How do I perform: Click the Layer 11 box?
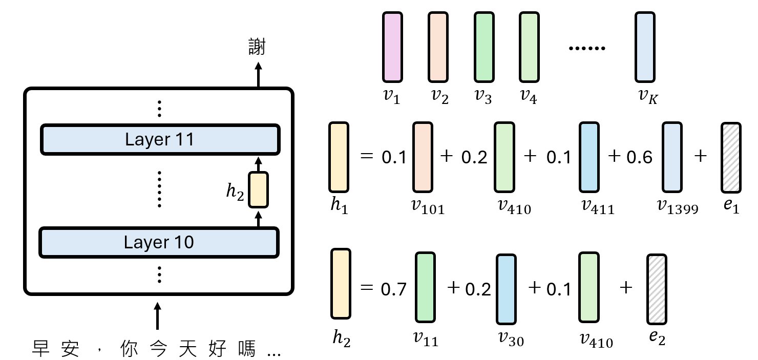coord(160,139)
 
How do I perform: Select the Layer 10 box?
coord(159,242)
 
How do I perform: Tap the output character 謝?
coord(257,47)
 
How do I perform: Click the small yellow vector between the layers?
coord(258,190)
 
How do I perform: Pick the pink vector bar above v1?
coord(393,47)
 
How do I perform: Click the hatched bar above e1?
coord(731,157)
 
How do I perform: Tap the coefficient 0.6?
coord(639,157)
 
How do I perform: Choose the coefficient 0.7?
coord(393,289)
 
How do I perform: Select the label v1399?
coord(677,206)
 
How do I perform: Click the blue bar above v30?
coord(506,288)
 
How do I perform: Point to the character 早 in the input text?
coord(42,350)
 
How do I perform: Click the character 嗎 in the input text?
coord(245,350)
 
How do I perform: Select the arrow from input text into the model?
coord(157,315)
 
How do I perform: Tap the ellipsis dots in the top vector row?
coord(587,48)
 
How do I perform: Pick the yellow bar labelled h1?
coord(339,157)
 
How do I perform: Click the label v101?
coord(428,206)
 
